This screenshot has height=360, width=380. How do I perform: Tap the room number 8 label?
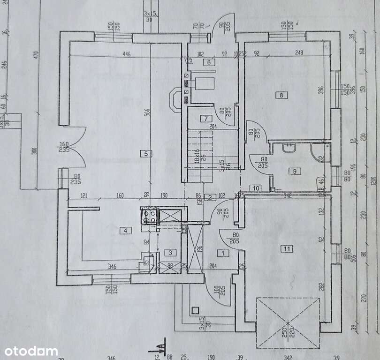click(281, 95)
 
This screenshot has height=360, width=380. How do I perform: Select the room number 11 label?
click(287, 248)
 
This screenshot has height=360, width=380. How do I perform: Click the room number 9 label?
click(295, 171)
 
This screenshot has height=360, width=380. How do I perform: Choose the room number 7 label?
click(205, 119)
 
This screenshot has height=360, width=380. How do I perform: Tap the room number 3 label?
click(171, 253)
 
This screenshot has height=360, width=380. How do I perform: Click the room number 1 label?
click(223, 253)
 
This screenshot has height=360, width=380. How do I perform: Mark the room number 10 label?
click(255, 188)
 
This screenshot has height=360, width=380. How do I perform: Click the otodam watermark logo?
click(31, 351)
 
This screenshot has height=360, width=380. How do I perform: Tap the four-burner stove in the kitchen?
click(149, 216)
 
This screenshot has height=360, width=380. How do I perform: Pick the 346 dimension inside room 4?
click(112, 266)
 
